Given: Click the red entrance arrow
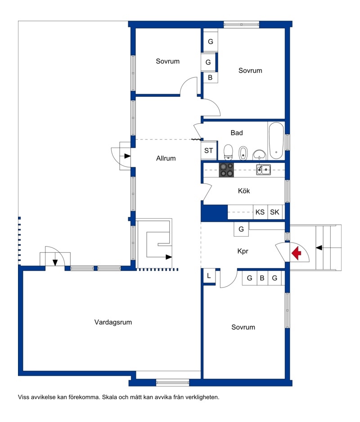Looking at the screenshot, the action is [x=296, y=253].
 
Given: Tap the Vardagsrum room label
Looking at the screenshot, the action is [x=113, y=322].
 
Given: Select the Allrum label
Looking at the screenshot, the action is [x=166, y=158].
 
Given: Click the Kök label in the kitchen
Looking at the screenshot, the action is [x=244, y=191].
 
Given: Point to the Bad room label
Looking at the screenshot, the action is [x=237, y=133].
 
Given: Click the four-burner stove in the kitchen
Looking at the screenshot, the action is [x=226, y=170].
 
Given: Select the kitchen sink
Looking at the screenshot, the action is [x=263, y=170].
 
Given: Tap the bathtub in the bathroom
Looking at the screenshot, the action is [x=276, y=141].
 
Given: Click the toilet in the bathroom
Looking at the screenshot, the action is [x=228, y=152].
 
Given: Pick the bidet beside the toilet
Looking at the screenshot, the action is [x=243, y=153].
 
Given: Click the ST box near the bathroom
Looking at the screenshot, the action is [x=209, y=150].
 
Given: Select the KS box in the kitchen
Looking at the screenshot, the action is [x=260, y=212].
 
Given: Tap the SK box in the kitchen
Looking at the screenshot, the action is [x=274, y=212].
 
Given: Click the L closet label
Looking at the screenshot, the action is [x=209, y=276].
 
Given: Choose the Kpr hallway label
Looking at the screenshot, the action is [x=243, y=251].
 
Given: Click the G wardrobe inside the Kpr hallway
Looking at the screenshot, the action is [x=241, y=229].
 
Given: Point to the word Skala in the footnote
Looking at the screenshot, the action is [x=109, y=397].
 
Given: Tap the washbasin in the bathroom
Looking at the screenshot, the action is [x=259, y=155].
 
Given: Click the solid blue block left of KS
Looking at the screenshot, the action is [x=214, y=213].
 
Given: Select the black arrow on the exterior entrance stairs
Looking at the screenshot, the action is [x=319, y=247].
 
